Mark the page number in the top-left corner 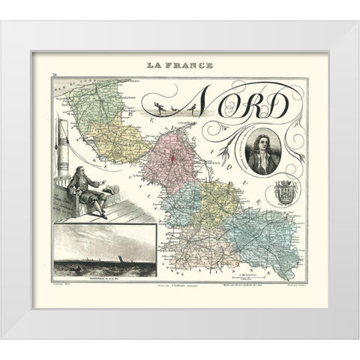tap(55, 74)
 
